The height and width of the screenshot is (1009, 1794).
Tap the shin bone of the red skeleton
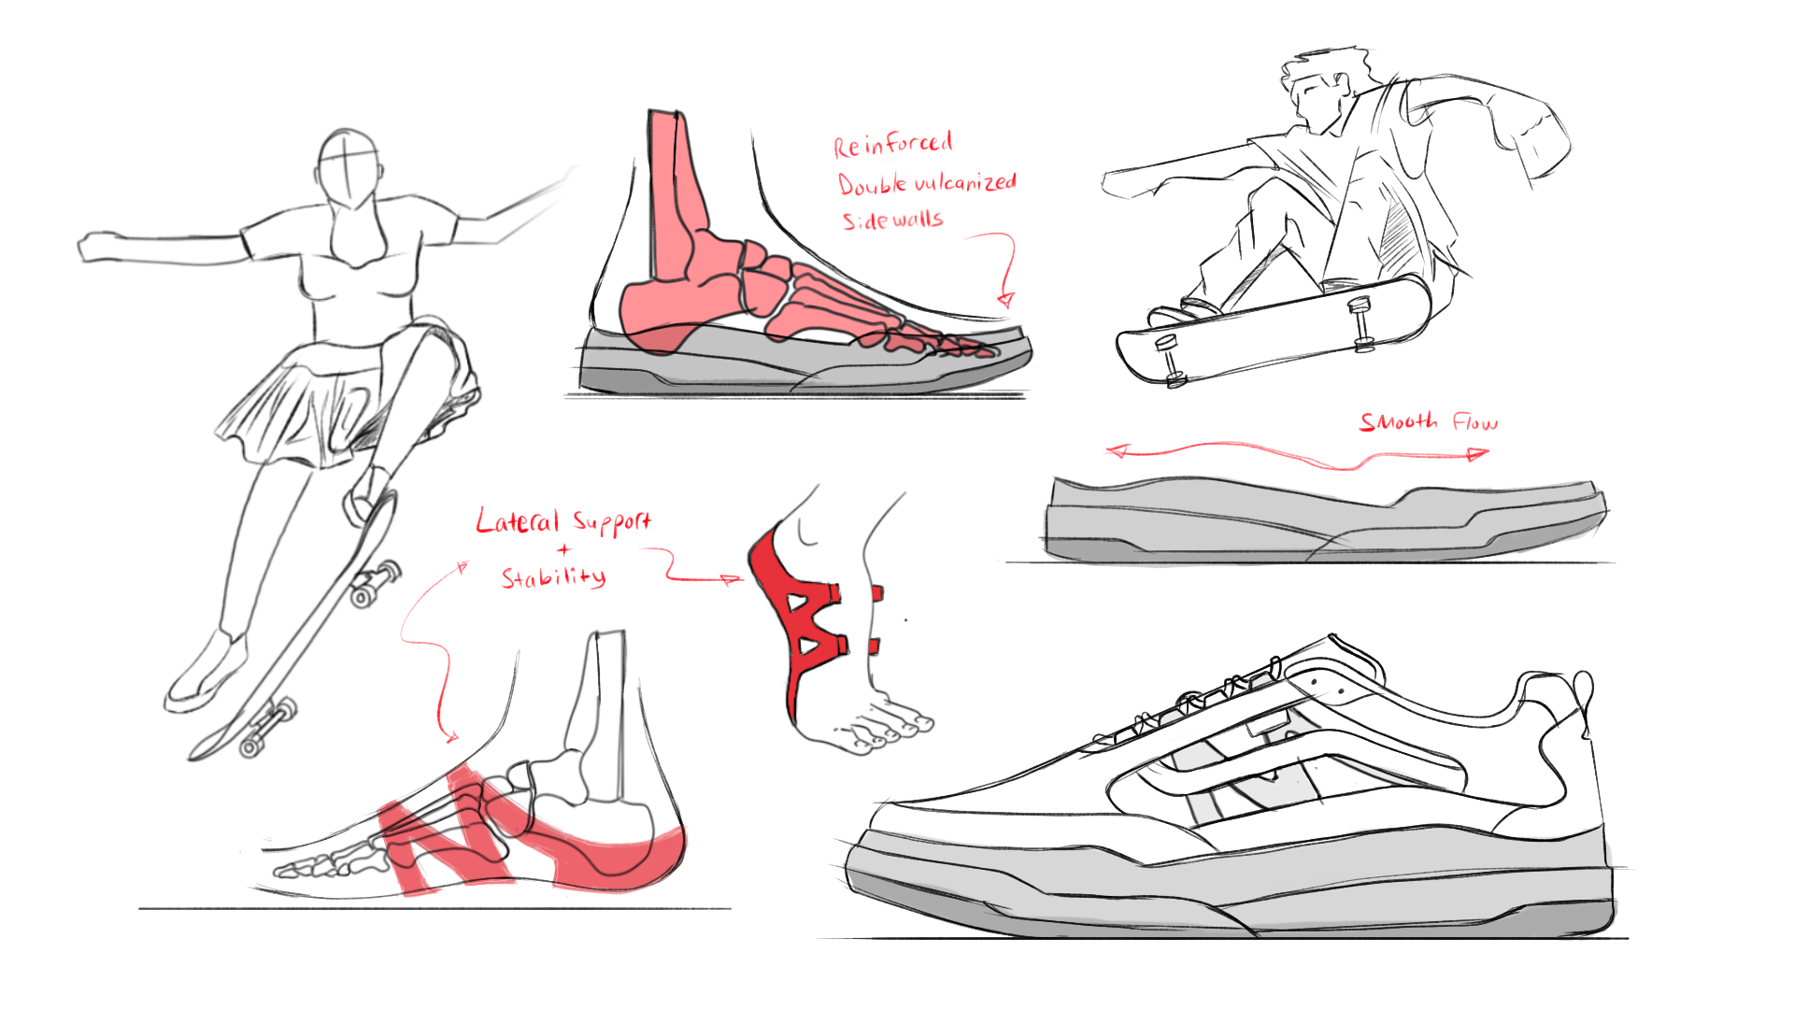[673, 196]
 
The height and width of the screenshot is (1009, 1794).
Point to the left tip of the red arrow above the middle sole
[1108, 452]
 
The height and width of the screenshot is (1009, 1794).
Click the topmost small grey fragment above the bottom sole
[1260, 683]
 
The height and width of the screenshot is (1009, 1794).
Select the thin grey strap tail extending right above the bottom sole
[1402, 772]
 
